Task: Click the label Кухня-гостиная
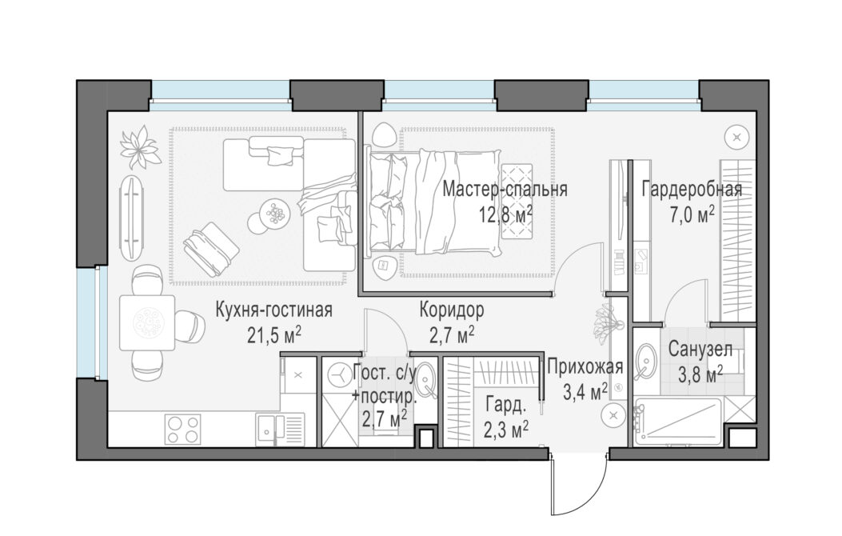click(x=273, y=310)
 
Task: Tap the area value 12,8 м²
click(x=506, y=215)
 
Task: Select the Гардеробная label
click(x=692, y=190)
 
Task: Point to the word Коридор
click(x=452, y=310)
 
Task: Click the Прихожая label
click(x=585, y=367)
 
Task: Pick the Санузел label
click(x=700, y=350)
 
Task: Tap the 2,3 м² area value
click(x=506, y=430)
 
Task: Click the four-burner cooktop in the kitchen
click(x=182, y=429)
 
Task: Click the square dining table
click(x=147, y=322)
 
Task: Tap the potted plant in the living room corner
click(x=140, y=146)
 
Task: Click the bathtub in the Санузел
click(x=679, y=422)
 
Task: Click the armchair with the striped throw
click(x=211, y=250)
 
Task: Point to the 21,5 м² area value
click(x=273, y=335)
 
